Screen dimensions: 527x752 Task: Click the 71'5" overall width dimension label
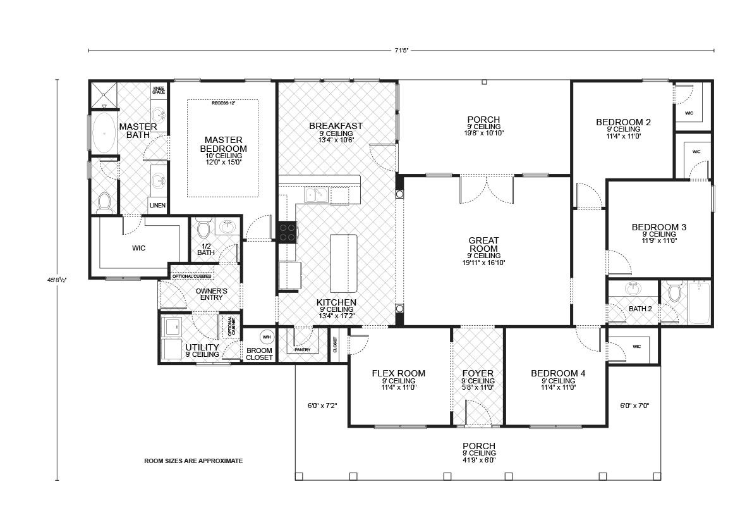click(401, 49)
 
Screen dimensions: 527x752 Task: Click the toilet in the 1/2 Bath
click(203, 228)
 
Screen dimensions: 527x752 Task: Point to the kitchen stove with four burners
click(288, 231)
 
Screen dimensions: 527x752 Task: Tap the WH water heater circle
click(266, 336)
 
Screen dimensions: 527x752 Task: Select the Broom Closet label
click(260, 353)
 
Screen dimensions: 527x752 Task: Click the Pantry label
click(302, 349)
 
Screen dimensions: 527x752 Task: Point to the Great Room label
click(484, 244)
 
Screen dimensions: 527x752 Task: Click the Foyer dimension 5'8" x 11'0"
click(478, 387)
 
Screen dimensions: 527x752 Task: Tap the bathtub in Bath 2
click(699, 303)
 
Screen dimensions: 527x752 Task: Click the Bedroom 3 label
click(659, 226)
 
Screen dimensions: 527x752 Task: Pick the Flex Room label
click(398, 373)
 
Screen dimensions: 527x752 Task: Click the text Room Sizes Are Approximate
click(193, 461)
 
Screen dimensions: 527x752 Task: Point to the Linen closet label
click(157, 206)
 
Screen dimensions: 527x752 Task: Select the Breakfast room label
click(336, 126)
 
